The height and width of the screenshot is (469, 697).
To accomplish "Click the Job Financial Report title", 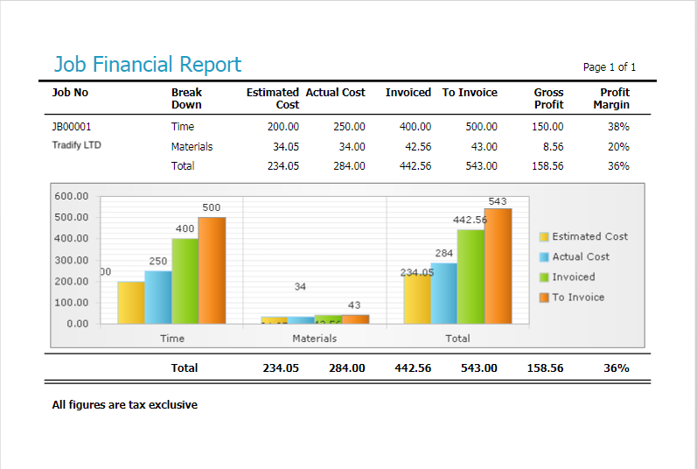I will click(x=147, y=65).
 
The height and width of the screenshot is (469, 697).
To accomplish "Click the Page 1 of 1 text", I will click(x=609, y=67).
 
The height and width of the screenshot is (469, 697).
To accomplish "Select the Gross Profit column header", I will click(x=548, y=98).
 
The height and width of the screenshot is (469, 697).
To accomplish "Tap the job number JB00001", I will click(x=72, y=127).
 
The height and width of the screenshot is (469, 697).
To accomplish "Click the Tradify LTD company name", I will click(x=77, y=145).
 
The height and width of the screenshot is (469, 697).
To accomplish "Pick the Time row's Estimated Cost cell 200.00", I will click(x=282, y=127).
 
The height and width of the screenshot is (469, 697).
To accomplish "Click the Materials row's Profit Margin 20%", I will click(x=618, y=147).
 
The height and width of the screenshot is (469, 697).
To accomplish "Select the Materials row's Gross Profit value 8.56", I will click(x=553, y=147).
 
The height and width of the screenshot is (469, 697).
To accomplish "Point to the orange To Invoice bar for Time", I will click(x=212, y=270).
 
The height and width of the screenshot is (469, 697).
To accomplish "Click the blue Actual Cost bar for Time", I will click(x=158, y=297).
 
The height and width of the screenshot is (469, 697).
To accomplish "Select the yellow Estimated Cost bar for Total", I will click(x=417, y=299).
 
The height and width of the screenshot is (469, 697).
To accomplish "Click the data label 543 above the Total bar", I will click(x=498, y=201).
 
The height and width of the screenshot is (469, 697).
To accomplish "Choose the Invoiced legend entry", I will click(x=573, y=277).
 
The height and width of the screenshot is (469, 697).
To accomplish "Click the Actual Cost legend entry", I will click(x=580, y=257).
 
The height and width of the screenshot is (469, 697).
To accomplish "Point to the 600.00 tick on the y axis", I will click(x=71, y=196).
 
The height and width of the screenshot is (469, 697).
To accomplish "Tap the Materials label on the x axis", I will click(x=315, y=339).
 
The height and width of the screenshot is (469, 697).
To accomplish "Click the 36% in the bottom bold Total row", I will click(x=616, y=368).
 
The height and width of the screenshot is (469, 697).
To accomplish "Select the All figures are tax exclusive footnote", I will click(x=125, y=405).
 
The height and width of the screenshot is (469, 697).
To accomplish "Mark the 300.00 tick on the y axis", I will click(x=71, y=261).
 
